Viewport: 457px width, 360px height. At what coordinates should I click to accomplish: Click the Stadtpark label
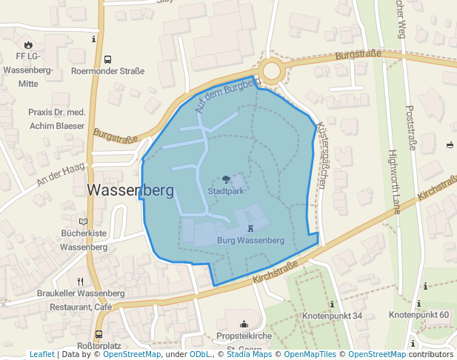pyautogui.click(x=226, y=190)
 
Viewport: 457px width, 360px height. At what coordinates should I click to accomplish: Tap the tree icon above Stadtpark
pyautogui.click(x=226, y=179)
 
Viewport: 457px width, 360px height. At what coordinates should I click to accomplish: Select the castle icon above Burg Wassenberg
pyautogui.click(x=251, y=229)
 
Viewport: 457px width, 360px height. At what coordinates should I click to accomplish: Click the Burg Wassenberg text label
pyautogui.click(x=251, y=241)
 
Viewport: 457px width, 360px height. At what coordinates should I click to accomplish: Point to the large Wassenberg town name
pyautogui.click(x=130, y=190)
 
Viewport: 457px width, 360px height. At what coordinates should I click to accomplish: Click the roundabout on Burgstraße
pyautogui.click(x=271, y=71)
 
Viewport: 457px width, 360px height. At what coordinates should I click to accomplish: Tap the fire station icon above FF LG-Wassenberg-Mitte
pyautogui.click(x=28, y=44)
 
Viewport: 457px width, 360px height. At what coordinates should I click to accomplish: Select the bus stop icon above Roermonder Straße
pyautogui.click(x=107, y=59)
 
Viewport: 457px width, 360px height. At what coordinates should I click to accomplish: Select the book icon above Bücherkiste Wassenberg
pyautogui.click(x=83, y=221)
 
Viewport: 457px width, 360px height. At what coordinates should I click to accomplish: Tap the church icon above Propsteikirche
pyautogui.click(x=244, y=324)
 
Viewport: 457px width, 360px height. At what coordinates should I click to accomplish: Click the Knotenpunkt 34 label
pyautogui.click(x=333, y=316)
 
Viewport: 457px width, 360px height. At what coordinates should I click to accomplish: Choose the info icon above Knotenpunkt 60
pyautogui.click(x=419, y=303)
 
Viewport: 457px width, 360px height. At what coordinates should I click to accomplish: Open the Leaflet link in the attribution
pyautogui.click(x=41, y=354)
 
